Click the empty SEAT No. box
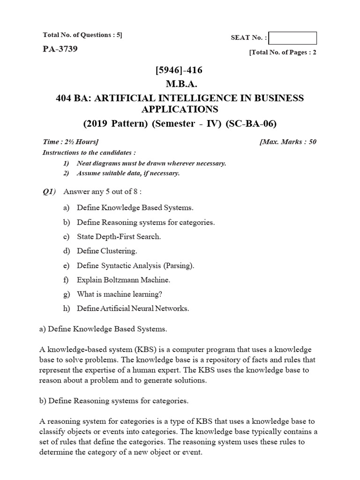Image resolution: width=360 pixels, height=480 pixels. point(292,38)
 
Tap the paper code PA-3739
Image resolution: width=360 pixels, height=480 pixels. point(60,48)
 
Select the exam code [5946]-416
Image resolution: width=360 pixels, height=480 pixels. point(180,71)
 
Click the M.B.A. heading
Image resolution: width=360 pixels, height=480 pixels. point(180,84)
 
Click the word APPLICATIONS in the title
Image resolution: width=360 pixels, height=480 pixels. point(180,109)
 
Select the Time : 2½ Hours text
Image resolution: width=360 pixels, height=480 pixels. point(71,142)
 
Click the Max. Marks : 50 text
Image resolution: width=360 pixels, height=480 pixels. point(288,142)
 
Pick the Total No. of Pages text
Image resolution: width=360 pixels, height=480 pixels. point(283,52)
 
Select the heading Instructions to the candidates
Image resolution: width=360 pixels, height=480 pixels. point(90,152)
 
